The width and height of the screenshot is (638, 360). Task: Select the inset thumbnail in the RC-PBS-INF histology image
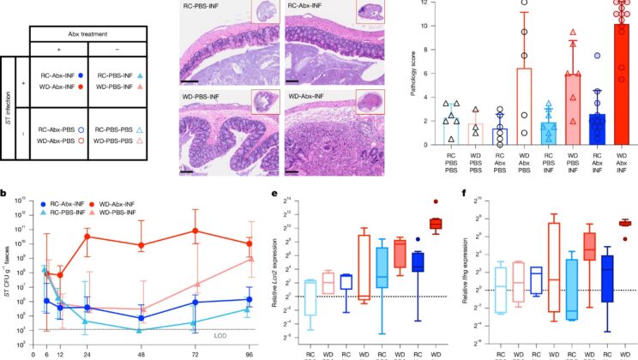pos(262,14)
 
